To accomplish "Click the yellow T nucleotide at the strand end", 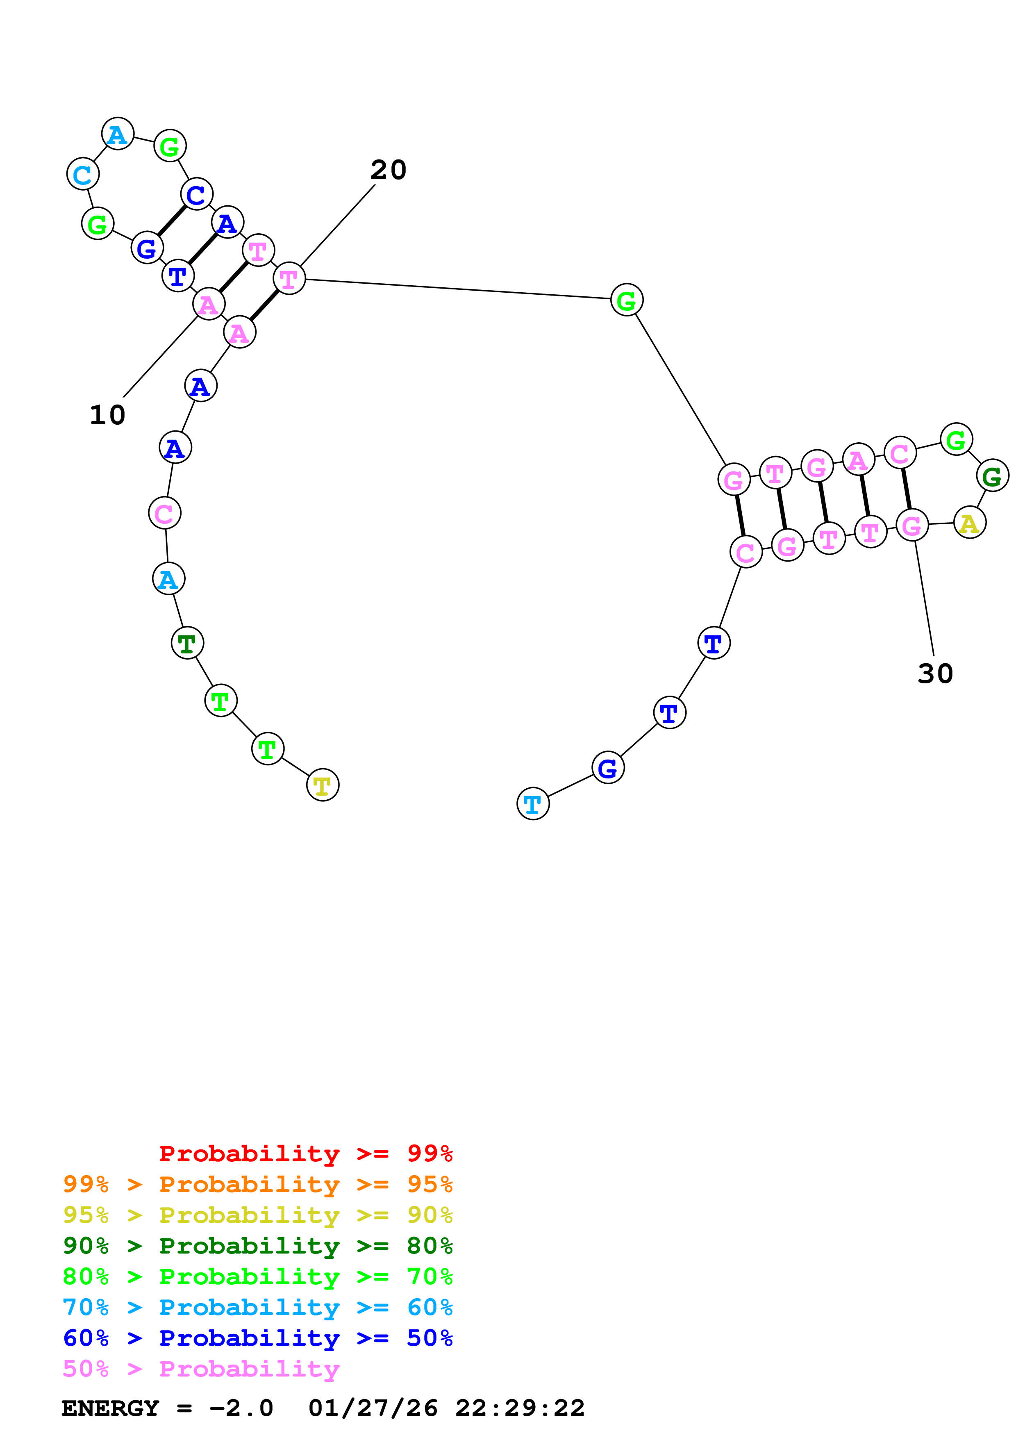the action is [x=323, y=785].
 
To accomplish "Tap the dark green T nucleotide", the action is [x=187, y=643].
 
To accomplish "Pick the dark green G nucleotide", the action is [x=992, y=476].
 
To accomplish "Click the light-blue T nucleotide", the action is [x=533, y=803].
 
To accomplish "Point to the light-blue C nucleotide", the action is [x=83, y=174].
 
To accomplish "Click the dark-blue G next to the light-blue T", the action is [x=608, y=768].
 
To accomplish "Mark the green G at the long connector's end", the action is [x=627, y=300].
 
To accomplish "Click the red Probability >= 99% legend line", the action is [x=305, y=1154].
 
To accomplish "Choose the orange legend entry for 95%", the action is [x=257, y=1184].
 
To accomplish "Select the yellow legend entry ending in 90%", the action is [x=257, y=1215].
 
